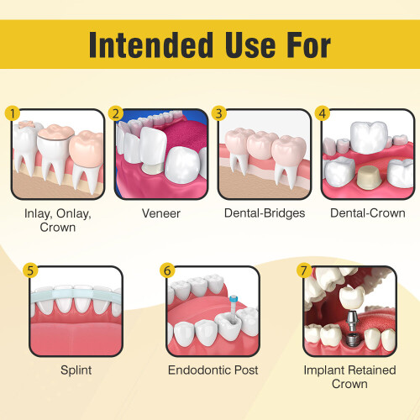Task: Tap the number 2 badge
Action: click(x=117, y=113)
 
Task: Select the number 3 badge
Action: click(x=220, y=113)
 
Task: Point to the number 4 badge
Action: click(x=322, y=113)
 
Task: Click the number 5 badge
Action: click(x=31, y=270)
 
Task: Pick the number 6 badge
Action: click(x=167, y=270)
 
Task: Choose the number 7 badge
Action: click(x=303, y=270)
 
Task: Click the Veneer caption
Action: click(x=160, y=213)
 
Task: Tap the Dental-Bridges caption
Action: click(x=264, y=213)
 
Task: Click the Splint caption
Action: click(x=76, y=370)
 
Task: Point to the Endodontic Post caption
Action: click(x=213, y=370)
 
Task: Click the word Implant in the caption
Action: click(x=324, y=370)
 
